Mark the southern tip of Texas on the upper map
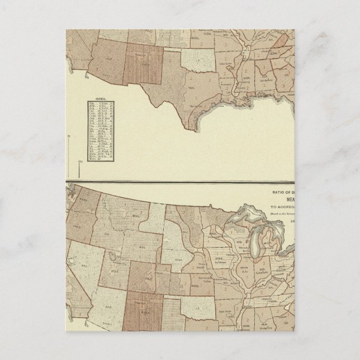(195, 132)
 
